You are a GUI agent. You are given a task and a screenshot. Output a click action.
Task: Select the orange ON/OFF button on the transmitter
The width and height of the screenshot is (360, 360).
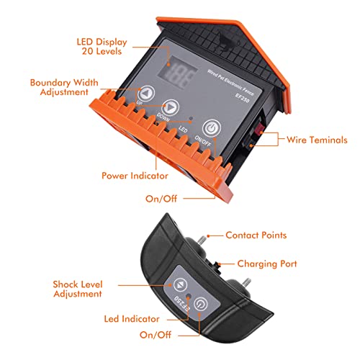[x=210, y=128]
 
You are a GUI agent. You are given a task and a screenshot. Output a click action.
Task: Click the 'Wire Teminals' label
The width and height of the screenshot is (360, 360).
[x=318, y=140]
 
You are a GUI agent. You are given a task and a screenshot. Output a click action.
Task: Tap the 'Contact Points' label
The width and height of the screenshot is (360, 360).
[x=256, y=235]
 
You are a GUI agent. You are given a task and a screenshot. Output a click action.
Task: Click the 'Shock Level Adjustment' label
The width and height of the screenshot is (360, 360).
[x=77, y=289]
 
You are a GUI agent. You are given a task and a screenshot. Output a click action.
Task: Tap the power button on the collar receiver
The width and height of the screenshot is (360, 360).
[x=202, y=303]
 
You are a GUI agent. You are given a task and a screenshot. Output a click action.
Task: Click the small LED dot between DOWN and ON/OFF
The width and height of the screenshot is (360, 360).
[x=189, y=117]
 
